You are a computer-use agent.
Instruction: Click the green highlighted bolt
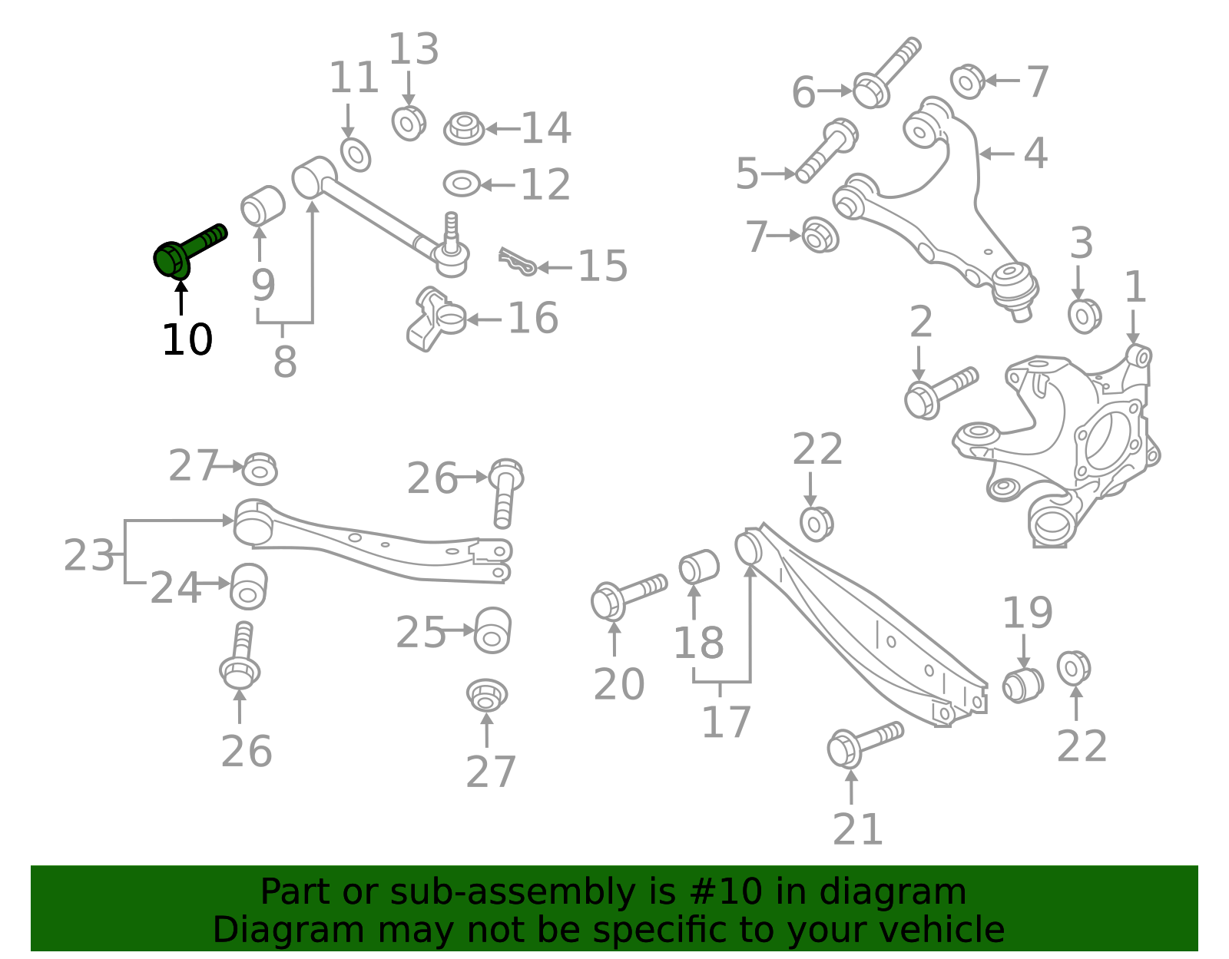tap(184, 251)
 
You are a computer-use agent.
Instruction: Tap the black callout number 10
tap(187, 339)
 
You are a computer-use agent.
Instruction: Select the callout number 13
tap(413, 50)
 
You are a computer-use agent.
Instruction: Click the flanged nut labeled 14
tap(464, 128)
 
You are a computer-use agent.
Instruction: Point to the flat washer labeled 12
tap(462, 184)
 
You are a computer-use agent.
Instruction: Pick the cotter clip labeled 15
tap(516, 261)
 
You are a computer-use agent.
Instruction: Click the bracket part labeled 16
tap(435, 319)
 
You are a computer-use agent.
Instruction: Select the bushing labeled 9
tap(262, 205)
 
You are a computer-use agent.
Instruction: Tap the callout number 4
tap(1035, 154)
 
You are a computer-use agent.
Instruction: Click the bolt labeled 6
tap(883, 75)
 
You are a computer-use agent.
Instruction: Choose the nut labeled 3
tap(1084, 315)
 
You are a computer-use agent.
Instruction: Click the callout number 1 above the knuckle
tap(1135, 287)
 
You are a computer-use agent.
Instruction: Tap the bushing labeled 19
tap(1022, 684)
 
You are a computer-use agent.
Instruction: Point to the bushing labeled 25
tap(492, 630)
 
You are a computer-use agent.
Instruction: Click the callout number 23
tap(88, 555)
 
